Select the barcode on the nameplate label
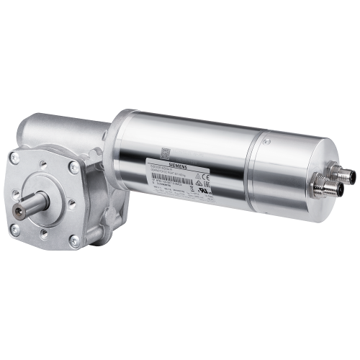[x=174, y=183]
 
